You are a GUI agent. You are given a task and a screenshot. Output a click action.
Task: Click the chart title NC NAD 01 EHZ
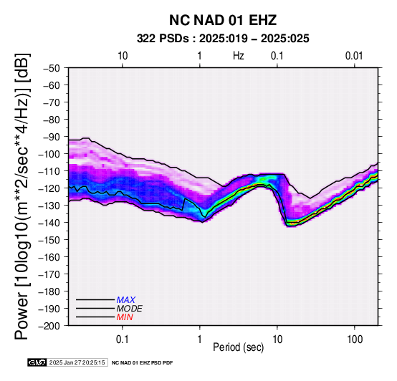[223, 20]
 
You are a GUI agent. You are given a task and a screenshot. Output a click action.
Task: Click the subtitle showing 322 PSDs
[223, 39]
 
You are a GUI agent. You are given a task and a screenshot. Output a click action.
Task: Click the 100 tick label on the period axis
[355, 339]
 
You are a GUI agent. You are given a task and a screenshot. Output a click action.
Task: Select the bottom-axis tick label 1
[200, 339]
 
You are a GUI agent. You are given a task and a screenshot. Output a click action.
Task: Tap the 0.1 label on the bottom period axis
[123, 339]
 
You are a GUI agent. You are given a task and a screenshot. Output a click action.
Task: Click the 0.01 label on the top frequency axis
[354, 56]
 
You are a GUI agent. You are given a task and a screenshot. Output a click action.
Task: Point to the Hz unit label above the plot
[239, 56]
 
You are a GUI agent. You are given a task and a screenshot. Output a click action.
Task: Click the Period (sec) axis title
[238, 347]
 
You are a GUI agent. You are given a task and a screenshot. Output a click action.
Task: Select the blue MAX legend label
[126, 300]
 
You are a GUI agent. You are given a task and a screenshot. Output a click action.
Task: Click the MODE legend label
[130, 309]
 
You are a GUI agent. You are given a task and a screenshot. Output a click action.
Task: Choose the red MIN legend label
[125, 317]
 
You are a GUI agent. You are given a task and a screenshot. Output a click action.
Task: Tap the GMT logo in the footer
[37, 362]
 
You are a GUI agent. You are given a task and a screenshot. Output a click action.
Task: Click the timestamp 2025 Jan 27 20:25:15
[77, 362]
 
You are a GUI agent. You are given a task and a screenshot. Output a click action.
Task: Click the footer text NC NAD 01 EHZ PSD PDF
[143, 363]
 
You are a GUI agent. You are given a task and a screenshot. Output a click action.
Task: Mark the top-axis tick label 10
[123, 56]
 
